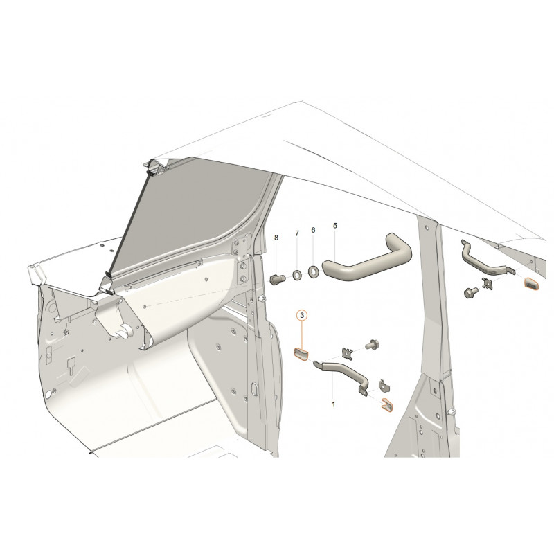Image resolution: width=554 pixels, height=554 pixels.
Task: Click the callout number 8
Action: coord(276,238)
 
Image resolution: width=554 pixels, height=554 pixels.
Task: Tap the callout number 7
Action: coord(297,233)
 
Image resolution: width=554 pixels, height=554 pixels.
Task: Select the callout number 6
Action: coord(313,230)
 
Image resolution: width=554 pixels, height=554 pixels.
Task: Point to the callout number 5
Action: coord(335,226)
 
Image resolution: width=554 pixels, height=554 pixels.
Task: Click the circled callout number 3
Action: coord(302,315)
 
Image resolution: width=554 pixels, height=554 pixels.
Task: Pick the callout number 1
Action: coord(334,404)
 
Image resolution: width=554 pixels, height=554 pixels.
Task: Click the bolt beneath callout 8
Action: coord(278,279)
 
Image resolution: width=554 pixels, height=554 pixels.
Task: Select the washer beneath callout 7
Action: coord(297,274)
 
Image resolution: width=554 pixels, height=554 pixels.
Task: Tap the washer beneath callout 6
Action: coord(313,271)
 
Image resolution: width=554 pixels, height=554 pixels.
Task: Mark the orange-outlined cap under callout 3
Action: coord(301,355)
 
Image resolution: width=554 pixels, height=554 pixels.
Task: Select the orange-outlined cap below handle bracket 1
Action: coord(386,405)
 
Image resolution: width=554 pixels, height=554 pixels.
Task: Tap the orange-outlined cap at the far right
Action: coord(531,283)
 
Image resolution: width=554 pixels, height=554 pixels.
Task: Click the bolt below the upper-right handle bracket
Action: coord(471,292)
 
